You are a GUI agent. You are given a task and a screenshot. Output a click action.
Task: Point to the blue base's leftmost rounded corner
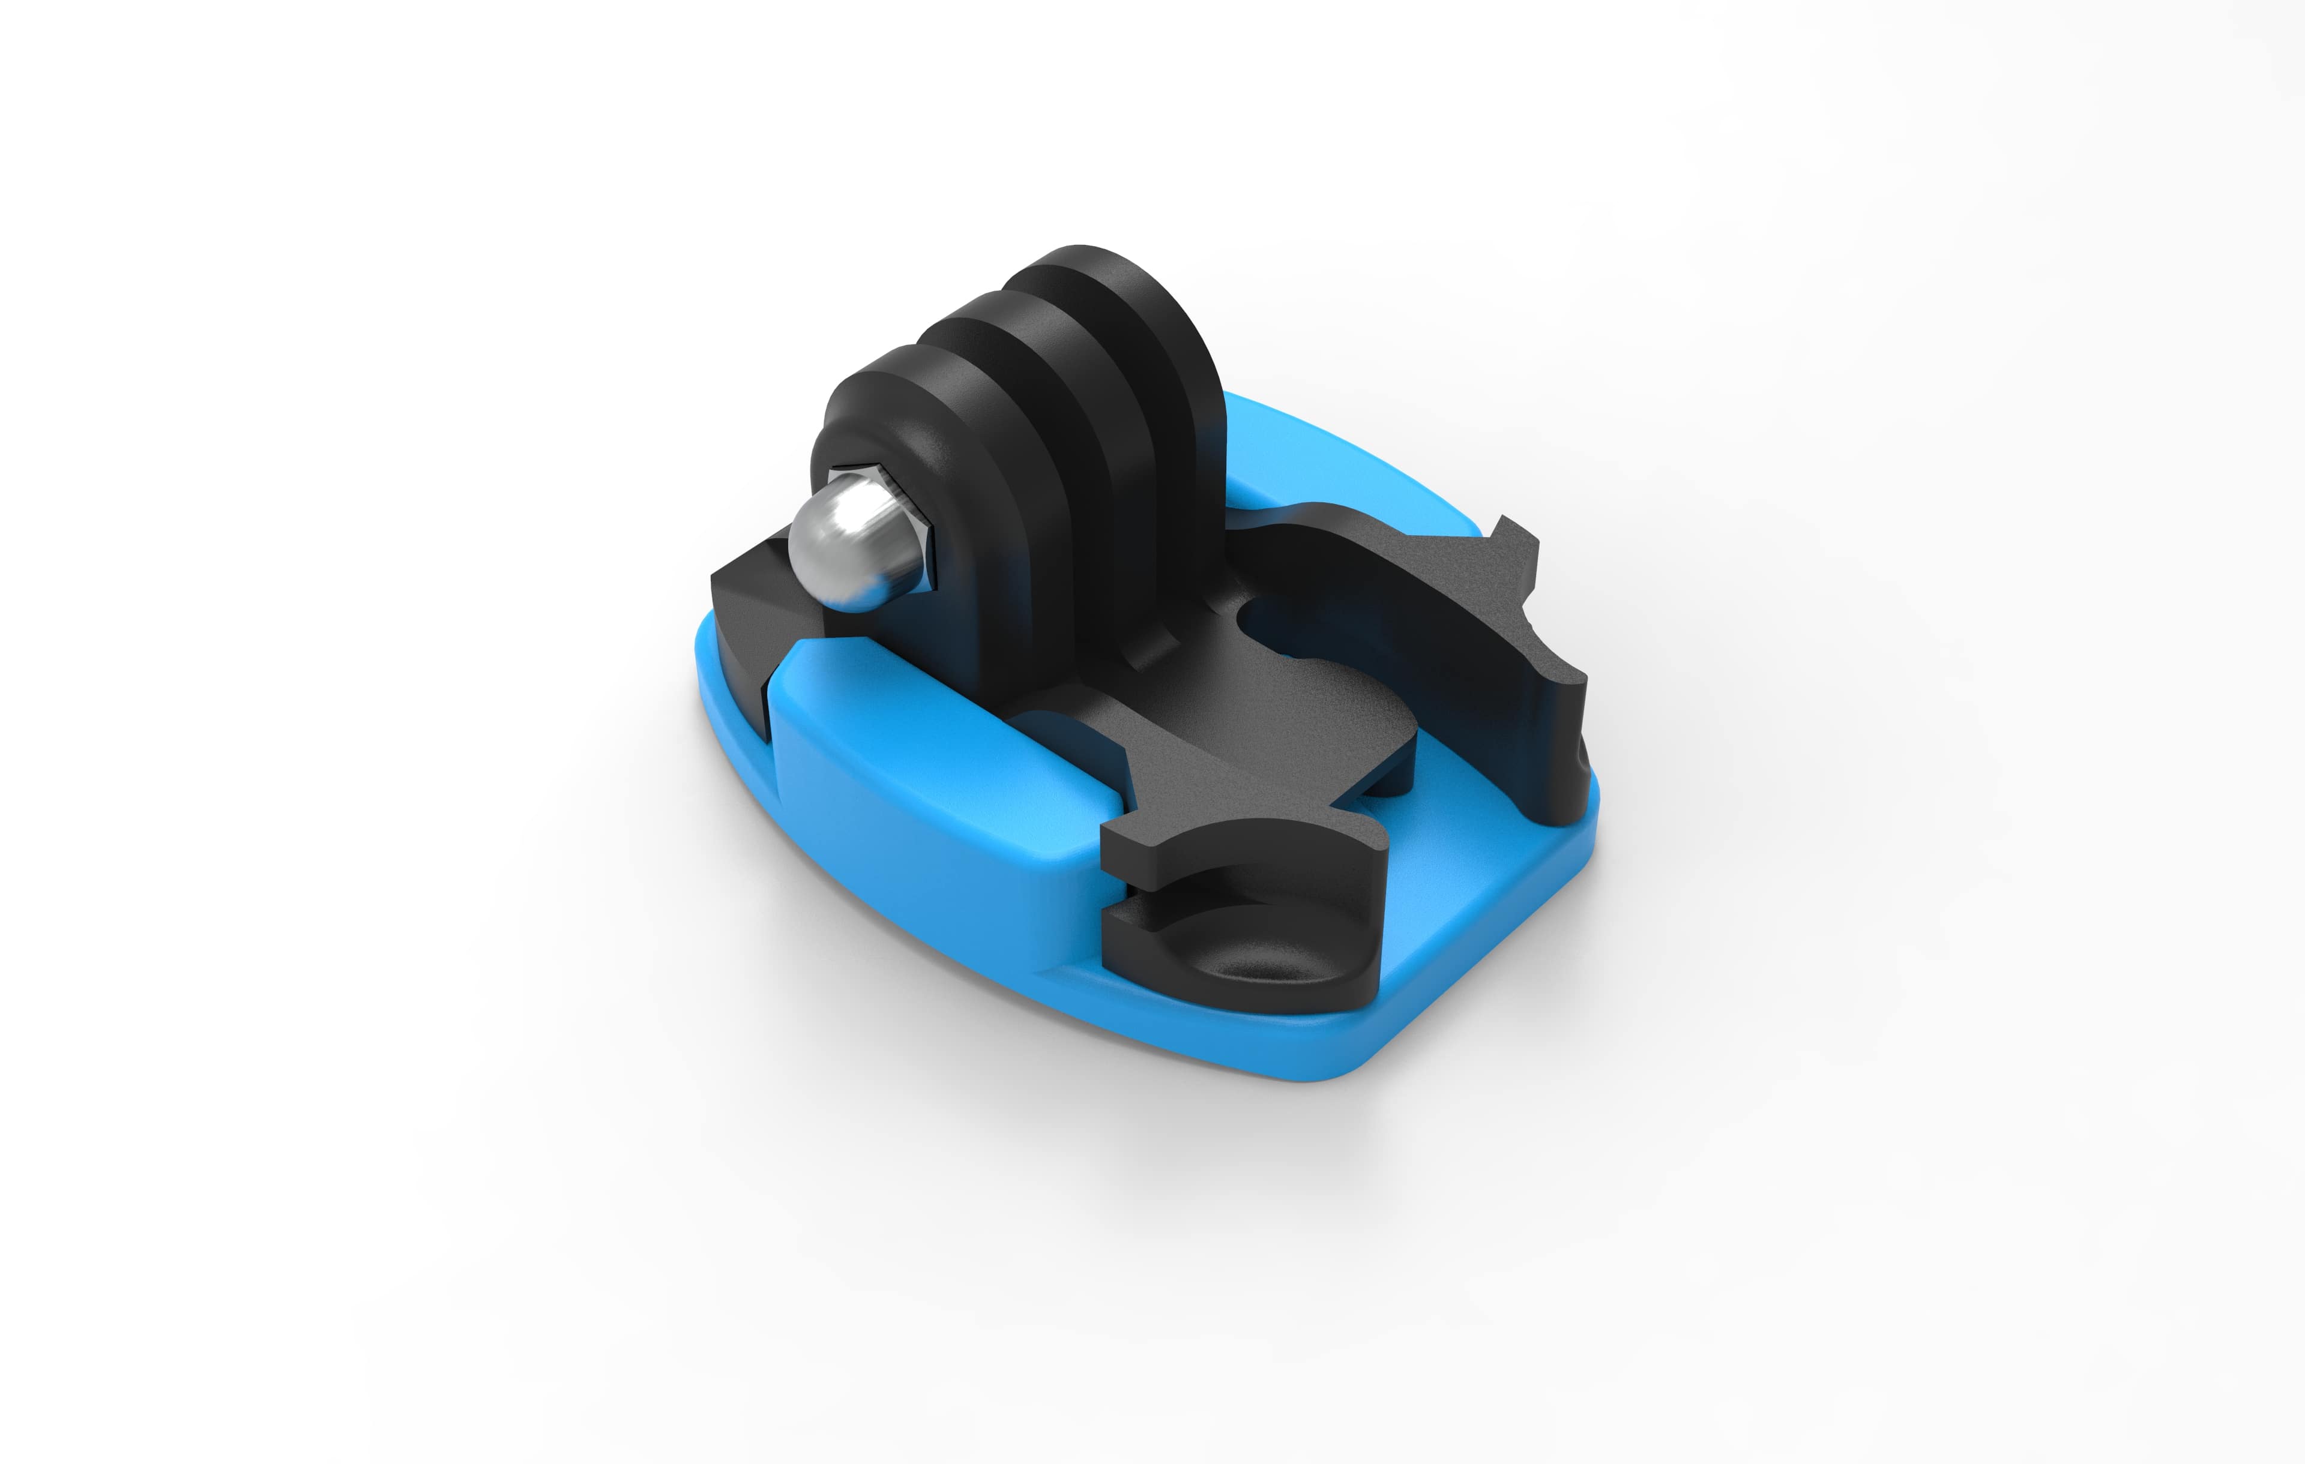(708, 660)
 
